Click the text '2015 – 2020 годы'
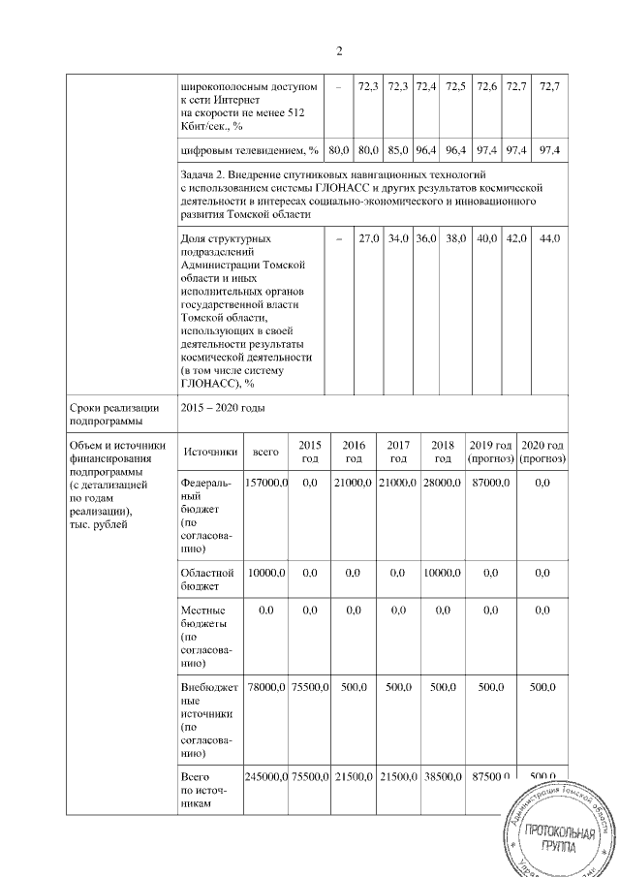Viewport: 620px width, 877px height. tap(223, 409)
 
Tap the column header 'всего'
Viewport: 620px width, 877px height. tap(265, 452)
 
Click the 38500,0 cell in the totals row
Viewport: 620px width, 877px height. tap(444, 778)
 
